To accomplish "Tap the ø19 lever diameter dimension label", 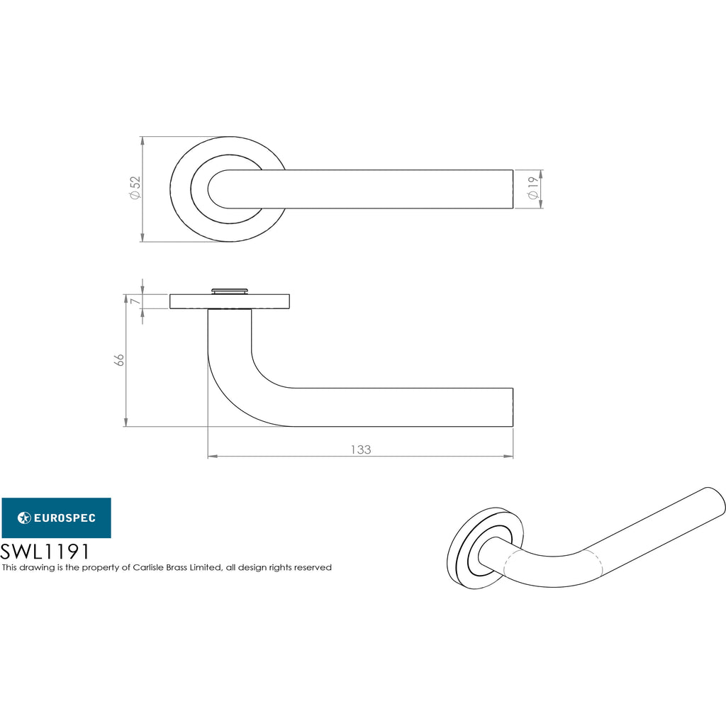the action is point(533,188).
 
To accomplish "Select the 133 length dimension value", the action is point(361,449).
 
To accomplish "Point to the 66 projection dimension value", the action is point(119,359).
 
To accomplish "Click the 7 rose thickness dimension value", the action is point(135,301).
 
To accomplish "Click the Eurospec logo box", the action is point(57,518).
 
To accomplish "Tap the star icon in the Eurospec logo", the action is point(24,518).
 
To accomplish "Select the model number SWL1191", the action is point(45,552).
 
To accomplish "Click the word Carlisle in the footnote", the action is point(148,567).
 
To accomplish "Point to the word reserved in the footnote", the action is point(313,568).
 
